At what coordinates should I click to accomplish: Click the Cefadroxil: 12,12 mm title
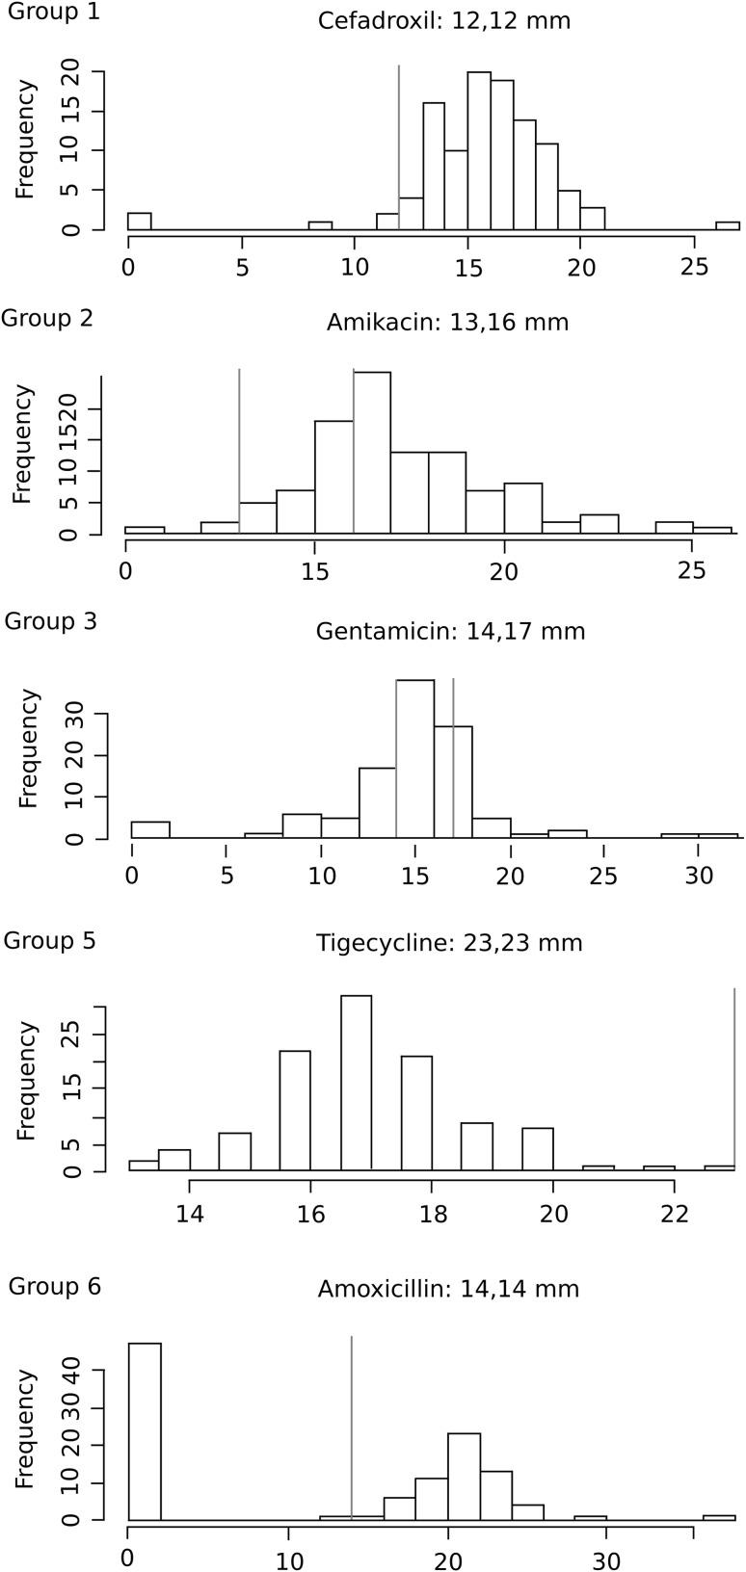(444, 20)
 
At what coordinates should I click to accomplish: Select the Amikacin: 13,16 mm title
(447, 322)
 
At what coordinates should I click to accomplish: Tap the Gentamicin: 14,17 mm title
(450, 632)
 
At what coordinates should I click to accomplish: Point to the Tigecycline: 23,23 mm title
(449, 943)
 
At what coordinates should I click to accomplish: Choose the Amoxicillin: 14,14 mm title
(448, 1289)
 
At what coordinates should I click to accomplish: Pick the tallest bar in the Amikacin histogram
(372, 453)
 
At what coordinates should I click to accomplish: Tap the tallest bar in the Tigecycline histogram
(356, 1083)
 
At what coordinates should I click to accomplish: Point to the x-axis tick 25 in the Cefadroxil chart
(694, 267)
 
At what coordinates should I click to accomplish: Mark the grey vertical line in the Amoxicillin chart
(352, 1426)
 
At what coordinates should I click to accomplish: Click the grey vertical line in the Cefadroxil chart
(399, 144)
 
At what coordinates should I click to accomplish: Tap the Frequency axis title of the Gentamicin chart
(28, 747)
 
